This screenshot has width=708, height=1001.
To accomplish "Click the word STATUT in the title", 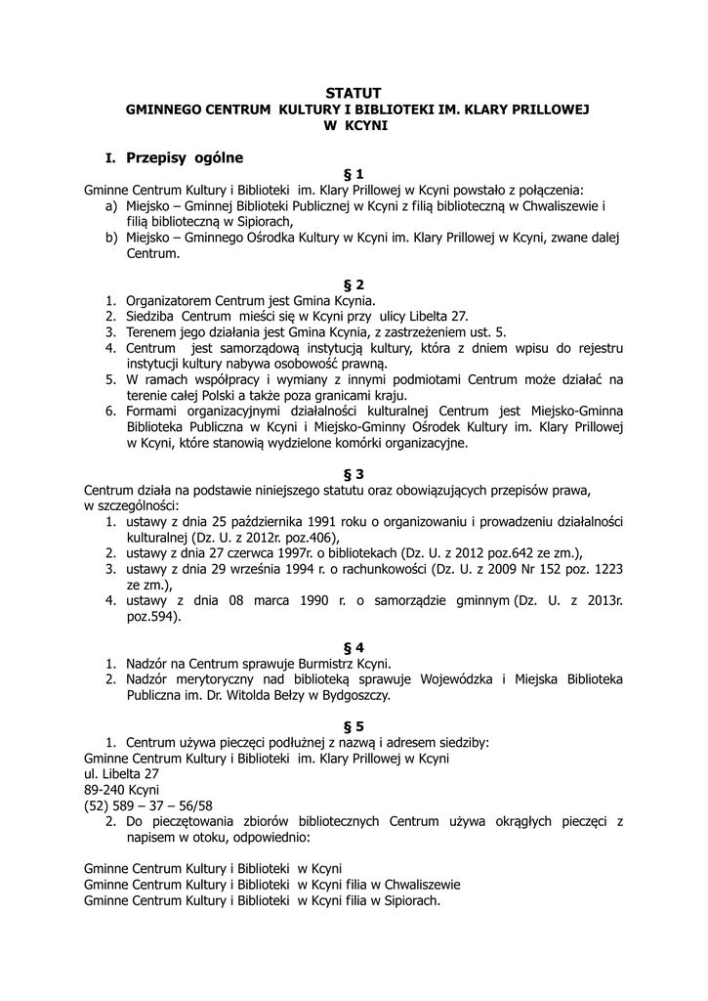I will (354, 93).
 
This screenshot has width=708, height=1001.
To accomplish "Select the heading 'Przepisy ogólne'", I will (185, 156).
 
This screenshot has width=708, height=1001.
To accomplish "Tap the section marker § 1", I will (354, 174).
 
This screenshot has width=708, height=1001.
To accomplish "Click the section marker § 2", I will (354, 284).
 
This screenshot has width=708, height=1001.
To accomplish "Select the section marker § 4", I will (354, 647).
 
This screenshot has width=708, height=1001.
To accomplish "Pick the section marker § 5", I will (354, 726).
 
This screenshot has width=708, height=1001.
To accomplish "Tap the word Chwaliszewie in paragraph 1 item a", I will (560, 205).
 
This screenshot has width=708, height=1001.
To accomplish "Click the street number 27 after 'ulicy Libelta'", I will (459, 316).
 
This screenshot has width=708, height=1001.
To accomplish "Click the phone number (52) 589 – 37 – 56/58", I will (148, 805).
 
